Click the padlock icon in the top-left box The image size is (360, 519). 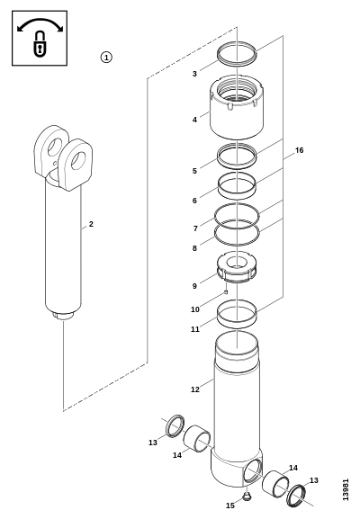coord(40,43)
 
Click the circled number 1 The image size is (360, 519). coord(106,58)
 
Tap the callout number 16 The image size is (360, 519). coord(299,150)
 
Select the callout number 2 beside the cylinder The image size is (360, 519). coord(91,224)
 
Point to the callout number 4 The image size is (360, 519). coord(194,120)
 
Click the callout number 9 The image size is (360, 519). coord(194,286)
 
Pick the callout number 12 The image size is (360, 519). coord(195,389)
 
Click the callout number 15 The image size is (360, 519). coord(230,506)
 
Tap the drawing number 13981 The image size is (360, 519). coord(346,489)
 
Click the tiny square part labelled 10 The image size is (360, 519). coord(226,292)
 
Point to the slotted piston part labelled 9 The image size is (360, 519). coord(237,267)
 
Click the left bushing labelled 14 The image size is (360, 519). coord(197,438)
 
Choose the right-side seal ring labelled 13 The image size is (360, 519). coord(296,496)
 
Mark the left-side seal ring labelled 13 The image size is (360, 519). coord(175,425)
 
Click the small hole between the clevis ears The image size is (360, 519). coord(55,163)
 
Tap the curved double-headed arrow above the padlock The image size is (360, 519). coord(40,23)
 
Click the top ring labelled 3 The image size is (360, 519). coord(237,53)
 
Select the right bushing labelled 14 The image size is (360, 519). coord(275,484)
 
